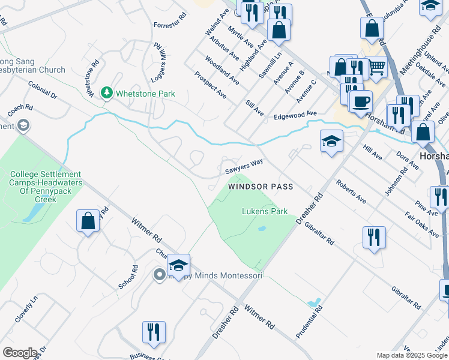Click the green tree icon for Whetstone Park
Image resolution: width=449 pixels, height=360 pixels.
pyautogui.click(x=107, y=93)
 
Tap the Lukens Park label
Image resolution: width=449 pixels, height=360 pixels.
pyautogui.click(x=265, y=211)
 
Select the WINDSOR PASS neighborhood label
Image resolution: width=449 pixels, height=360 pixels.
pyautogui.click(x=261, y=187)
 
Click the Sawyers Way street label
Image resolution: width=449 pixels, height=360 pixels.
pyautogui.click(x=244, y=166)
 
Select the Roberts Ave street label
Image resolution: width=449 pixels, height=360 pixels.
pyautogui.click(x=351, y=191)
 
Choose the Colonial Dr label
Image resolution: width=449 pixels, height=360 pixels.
pyautogui.click(x=42, y=91)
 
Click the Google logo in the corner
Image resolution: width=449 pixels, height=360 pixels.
pyautogui.click(x=20, y=352)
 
